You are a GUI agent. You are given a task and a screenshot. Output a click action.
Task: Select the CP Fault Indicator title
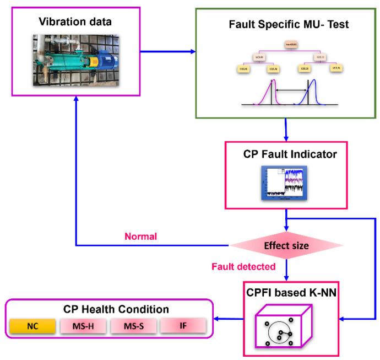(x=286, y=154)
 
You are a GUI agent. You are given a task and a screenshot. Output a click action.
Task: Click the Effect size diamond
(x=286, y=246)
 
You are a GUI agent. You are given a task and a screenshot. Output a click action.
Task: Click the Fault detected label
(x=243, y=267)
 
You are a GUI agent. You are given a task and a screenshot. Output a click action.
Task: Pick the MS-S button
(x=133, y=326)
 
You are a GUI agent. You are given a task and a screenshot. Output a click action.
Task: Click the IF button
(x=183, y=326)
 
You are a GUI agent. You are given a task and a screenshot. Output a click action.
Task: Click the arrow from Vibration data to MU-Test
(x=168, y=52)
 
